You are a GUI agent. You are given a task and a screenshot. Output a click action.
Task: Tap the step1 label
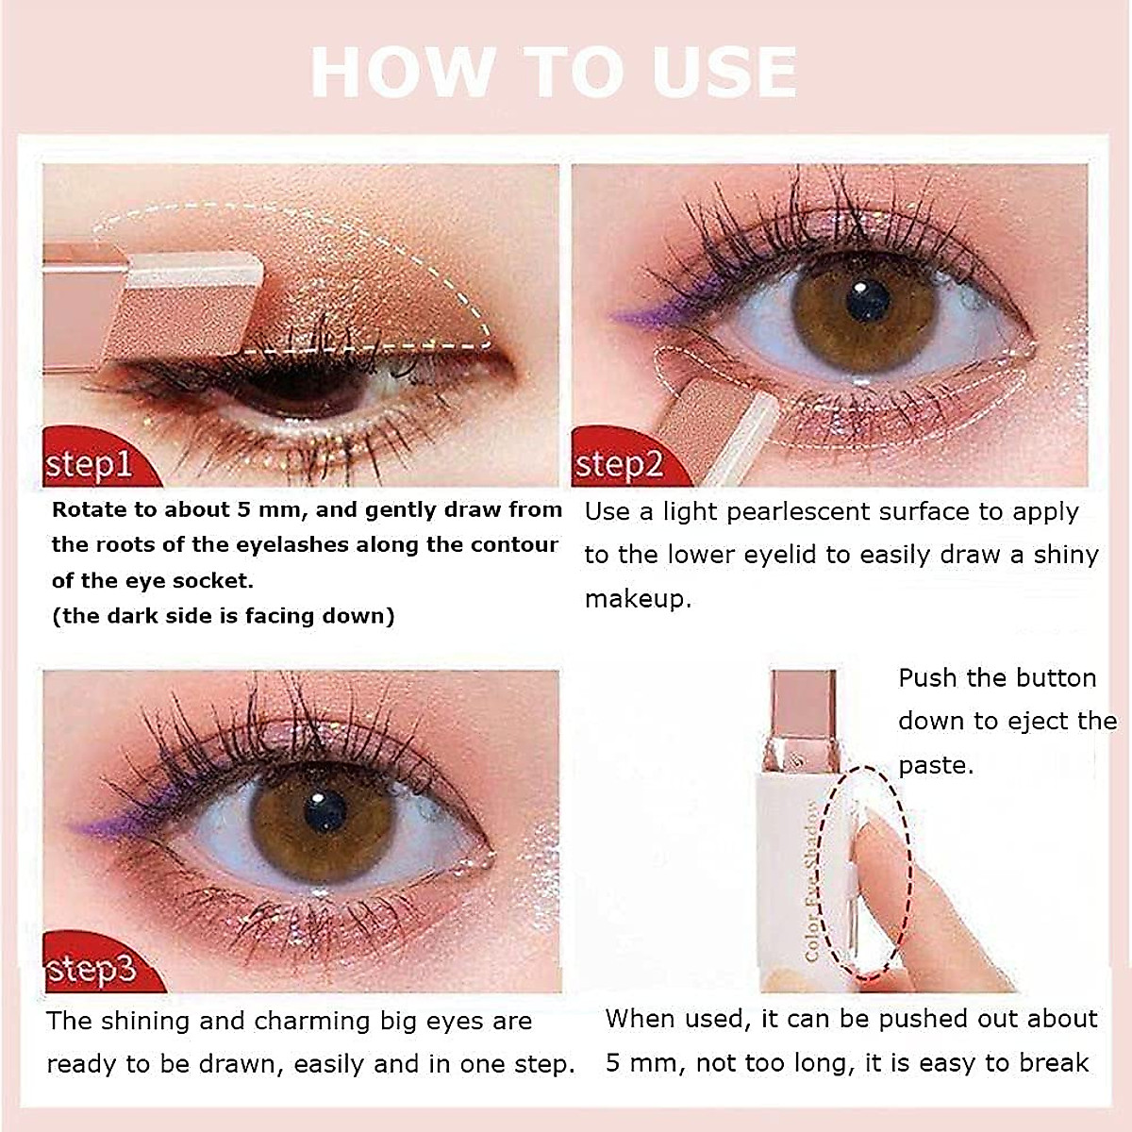click(x=89, y=464)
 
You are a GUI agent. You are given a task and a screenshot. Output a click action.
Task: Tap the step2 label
click(x=619, y=464)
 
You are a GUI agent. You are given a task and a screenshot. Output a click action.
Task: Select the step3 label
click(x=91, y=969)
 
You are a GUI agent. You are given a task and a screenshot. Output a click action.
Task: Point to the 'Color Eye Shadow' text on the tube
click(x=813, y=882)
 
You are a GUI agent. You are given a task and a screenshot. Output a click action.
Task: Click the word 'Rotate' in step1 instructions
click(x=90, y=510)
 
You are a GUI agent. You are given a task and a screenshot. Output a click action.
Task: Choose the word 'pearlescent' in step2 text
click(x=830, y=512)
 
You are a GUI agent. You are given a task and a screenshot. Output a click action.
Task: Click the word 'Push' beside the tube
click(x=928, y=678)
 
